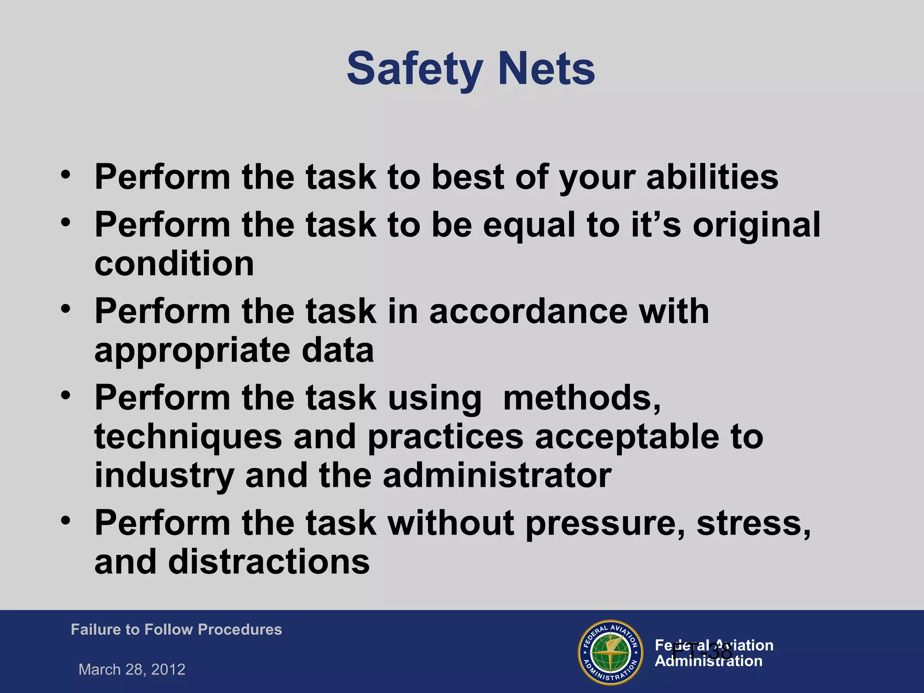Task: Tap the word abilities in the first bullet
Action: tap(712, 177)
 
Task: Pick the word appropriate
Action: tap(192, 351)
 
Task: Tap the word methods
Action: tap(582, 398)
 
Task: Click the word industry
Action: tap(164, 476)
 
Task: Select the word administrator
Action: tap(497, 476)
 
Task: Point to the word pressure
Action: tap(605, 523)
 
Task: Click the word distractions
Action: tap(269, 562)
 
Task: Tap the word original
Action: tap(757, 225)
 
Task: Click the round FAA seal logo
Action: tap(610, 652)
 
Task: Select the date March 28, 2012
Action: tap(132, 669)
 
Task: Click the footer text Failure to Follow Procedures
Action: tap(176, 629)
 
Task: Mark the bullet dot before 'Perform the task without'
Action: tap(66, 521)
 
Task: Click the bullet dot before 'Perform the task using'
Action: tap(66, 396)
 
